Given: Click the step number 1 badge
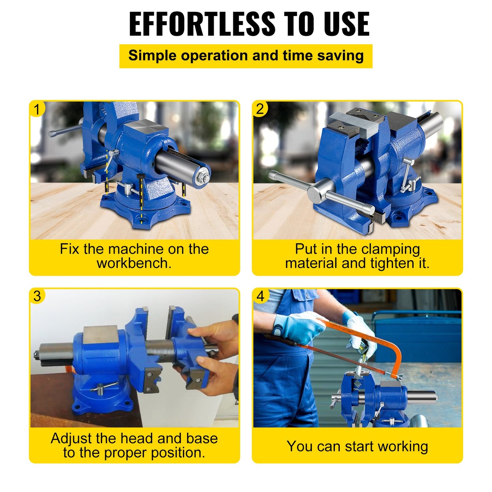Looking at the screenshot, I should coord(37,109).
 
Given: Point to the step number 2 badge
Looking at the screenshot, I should coord(260,109).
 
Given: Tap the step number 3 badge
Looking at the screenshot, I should coord(37,296).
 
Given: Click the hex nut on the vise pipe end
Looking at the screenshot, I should coord(202,176).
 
